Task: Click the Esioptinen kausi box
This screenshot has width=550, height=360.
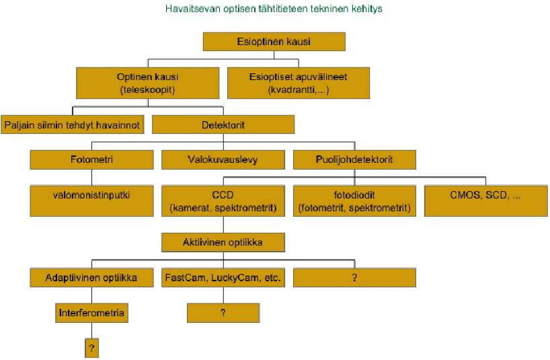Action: coord(274,42)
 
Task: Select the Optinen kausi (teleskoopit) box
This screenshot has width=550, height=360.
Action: coord(148,83)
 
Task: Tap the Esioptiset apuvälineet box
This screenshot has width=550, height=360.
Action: coord(299,83)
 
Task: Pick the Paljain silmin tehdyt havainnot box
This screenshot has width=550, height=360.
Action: coord(72,124)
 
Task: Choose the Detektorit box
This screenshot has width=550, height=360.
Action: coord(223,124)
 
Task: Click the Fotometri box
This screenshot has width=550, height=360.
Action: coord(91,159)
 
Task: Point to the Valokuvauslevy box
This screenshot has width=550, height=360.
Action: coord(223,159)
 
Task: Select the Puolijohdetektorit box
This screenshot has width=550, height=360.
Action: coord(354,159)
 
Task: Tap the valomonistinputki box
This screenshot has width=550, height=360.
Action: coord(91,201)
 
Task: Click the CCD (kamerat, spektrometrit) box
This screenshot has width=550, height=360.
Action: coord(223,201)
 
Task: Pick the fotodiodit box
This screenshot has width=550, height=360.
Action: coord(354,201)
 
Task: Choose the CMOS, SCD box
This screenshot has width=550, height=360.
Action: coord(486,201)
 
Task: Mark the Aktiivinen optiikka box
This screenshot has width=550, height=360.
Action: coord(223,242)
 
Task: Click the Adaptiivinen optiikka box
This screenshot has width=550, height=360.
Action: coord(91,277)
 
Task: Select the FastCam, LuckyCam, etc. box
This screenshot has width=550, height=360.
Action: coord(223,277)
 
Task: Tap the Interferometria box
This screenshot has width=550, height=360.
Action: coord(91,313)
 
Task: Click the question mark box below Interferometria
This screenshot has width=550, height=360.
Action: coord(91,348)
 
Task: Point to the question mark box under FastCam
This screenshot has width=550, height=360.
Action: coord(223,313)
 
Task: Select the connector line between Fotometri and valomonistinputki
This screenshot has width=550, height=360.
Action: coord(92,178)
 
